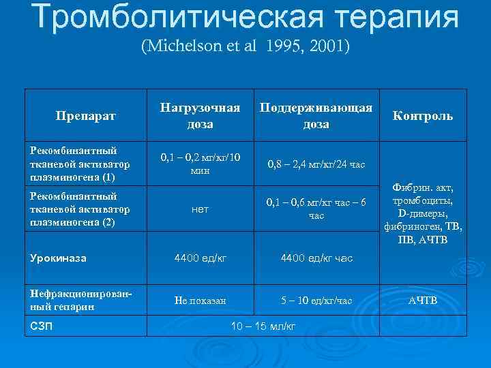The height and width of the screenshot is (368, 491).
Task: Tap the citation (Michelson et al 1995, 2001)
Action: (245, 48)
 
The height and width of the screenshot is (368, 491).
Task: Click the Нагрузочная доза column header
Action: (200, 116)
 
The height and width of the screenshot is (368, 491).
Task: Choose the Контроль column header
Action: (422, 116)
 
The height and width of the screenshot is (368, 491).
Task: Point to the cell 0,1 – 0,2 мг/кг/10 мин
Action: (200, 164)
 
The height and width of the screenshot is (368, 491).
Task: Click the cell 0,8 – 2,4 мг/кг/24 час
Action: (316, 164)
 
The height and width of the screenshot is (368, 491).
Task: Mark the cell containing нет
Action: (200, 210)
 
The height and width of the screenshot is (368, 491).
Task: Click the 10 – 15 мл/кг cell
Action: (263, 326)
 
